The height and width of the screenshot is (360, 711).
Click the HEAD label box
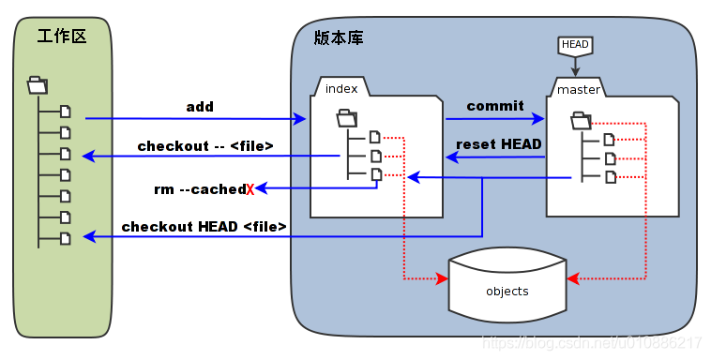pyautogui.click(x=575, y=44)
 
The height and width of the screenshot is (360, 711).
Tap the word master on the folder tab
pyautogui.click(x=578, y=90)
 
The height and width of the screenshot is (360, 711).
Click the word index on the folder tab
pyautogui.click(x=341, y=88)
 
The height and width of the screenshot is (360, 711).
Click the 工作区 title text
pyautogui.click(x=62, y=37)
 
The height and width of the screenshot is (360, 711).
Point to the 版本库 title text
pyautogui.click(x=339, y=38)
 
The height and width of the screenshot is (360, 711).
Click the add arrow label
pyautogui.click(x=200, y=107)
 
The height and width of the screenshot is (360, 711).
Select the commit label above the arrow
pyautogui.click(x=494, y=106)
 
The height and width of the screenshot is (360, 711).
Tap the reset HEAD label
pyautogui.click(x=498, y=144)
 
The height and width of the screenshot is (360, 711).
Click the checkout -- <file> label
pyautogui.click(x=205, y=146)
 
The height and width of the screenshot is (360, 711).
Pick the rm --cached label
pyautogui.click(x=199, y=189)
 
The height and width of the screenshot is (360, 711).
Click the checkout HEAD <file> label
pyautogui.click(x=204, y=227)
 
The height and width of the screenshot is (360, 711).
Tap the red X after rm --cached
pyautogui.click(x=250, y=190)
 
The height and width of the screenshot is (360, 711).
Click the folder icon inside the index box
pyautogui.click(x=346, y=118)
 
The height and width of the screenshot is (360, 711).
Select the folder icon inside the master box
pyautogui.click(x=581, y=120)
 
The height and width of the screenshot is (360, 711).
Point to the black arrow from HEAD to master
pyautogui.click(x=575, y=66)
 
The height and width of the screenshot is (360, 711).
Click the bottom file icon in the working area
pyautogui.click(x=66, y=239)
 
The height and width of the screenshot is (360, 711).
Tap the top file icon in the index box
pyautogui.click(x=375, y=137)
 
